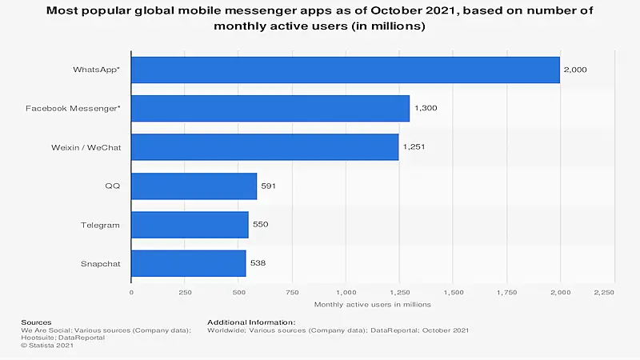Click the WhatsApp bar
(x=345, y=70)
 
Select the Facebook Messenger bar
(x=270, y=108)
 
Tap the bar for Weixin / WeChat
(x=265, y=147)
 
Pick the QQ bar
(x=194, y=186)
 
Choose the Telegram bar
(x=190, y=225)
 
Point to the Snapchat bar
(x=188, y=263)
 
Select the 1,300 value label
(x=426, y=108)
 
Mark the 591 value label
(x=268, y=186)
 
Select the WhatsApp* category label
(x=96, y=70)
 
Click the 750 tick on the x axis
(x=292, y=293)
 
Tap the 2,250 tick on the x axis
(x=602, y=293)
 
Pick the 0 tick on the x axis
(x=131, y=293)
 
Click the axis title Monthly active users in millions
(x=373, y=305)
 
